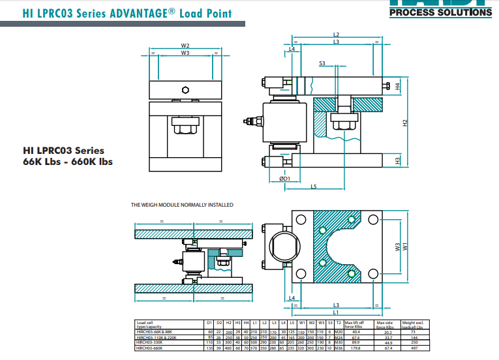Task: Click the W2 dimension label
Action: point(185,46)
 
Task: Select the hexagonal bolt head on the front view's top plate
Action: point(185,89)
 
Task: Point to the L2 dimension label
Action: point(336,35)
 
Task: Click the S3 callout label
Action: point(323,63)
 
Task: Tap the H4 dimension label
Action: point(397,86)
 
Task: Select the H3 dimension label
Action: point(397,160)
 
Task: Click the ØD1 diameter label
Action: point(284,177)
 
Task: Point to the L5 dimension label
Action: point(313,187)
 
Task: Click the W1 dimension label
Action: point(404,246)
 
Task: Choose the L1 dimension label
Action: point(336,313)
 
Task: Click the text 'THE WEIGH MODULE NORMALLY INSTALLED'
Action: point(182,205)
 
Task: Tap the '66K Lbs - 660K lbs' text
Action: point(68,162)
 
